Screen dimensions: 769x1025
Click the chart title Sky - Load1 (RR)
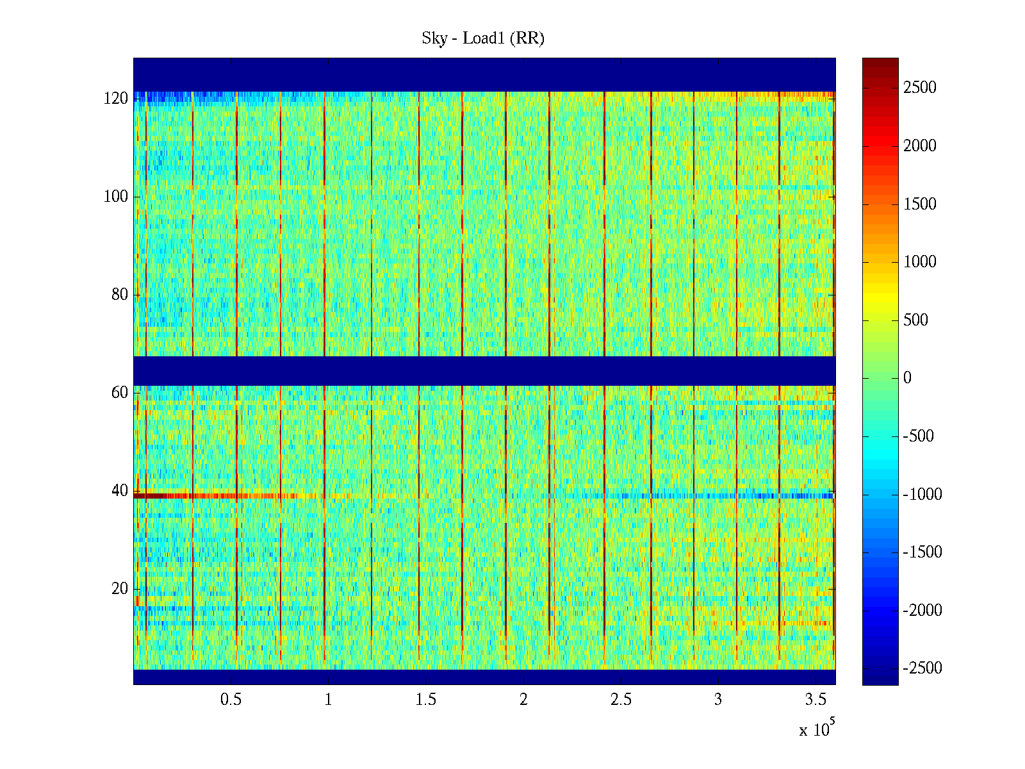pyautogui.click(x=483, y=38)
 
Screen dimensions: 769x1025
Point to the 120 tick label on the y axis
pyautogui.click(x=116, y=99)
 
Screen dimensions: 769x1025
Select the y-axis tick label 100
pyautogui.click(x=116, y=197)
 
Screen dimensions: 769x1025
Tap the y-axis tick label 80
pyautogui.click(x=120, y=295)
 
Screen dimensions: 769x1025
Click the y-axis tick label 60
pyautogui.click(x=120, y=392)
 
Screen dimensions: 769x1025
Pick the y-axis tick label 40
pyautogui.click(x=120, y=491)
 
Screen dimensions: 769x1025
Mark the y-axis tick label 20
pyautogui.click(x=120, y=589)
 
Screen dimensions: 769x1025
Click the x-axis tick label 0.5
pyautogui.click(x=231, y=700)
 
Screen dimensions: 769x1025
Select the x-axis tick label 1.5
pyautogui.click(x=426, y=700)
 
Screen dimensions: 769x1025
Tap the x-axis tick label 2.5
pyautogui.click(x=621, y=700)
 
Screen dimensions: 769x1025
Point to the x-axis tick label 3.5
pyautogui.click(x=816, y=700)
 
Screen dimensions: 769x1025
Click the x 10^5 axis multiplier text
pyautogui.click(x=816, y=729)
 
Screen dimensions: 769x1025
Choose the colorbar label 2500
pyautogui.click(x=920, y=88)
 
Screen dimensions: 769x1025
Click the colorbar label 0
pyautogui.click(x=907, y=378)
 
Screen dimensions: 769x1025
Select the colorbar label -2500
pyautogui.click(x=922, y=668)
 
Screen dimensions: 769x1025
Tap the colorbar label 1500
pyautogui.click(x=920, y=204)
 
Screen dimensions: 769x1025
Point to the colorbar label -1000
pyautogui.click(x=922, y=494)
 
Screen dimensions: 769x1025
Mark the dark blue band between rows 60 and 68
pyautogui.click(x=484, y=371)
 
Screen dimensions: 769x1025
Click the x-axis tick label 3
pyautogui.click(x=718, y=700)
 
